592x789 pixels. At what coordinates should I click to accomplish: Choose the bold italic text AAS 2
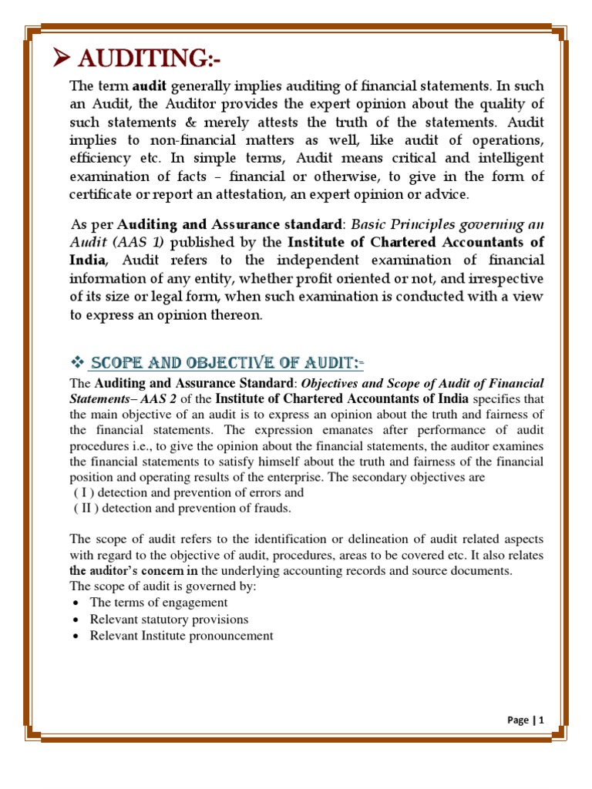point(183,398)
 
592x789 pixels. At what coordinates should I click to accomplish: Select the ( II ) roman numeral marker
point(87,508)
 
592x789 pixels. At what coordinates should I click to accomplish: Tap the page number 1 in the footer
point(542,720)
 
